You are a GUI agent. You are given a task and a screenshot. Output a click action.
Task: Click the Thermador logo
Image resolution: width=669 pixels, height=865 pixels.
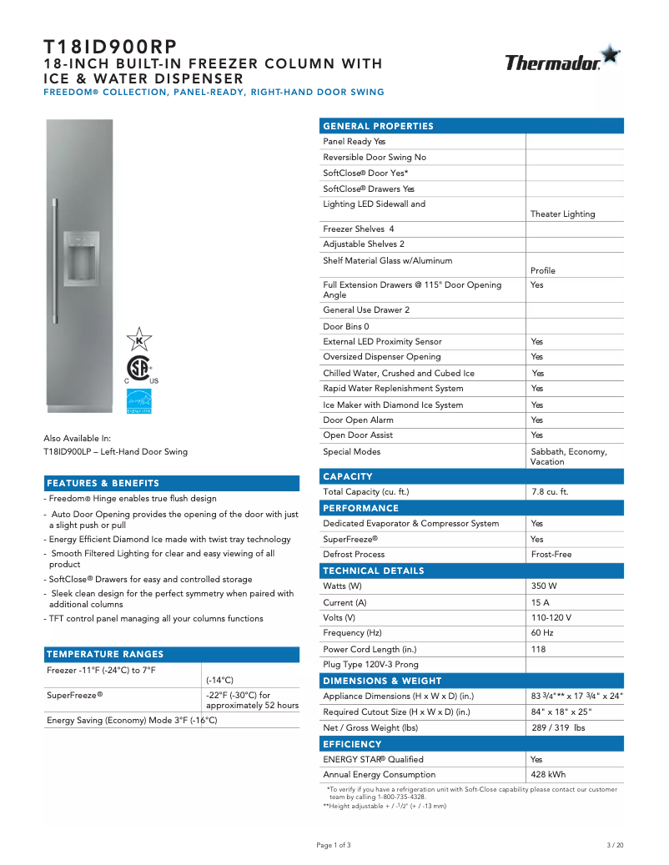[x=562, y=61]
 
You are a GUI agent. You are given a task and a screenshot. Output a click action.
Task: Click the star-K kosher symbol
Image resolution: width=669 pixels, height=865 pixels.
[x=138, y=339]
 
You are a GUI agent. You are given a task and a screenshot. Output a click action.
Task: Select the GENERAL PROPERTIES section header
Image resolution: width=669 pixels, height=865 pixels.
[x=379, y=126]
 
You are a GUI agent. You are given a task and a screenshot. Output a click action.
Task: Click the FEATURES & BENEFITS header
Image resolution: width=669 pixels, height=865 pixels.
[x=103, y=483]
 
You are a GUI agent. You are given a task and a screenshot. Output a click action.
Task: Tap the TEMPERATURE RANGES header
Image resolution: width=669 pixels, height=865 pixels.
[x=105, y=654]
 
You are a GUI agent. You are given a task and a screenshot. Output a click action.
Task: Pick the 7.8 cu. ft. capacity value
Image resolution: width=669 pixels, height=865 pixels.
[x=550, y=492]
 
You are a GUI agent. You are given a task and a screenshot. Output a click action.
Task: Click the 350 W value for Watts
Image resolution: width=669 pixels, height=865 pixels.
[x=546, y=586]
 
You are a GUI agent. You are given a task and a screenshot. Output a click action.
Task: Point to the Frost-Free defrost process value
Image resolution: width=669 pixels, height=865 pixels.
[x=551, y=555]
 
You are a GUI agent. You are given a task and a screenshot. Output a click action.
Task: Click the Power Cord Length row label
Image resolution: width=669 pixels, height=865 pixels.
[x=370, y=650]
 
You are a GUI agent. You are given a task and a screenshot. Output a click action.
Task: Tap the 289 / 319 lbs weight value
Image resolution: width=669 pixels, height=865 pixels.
[x=558, y=728]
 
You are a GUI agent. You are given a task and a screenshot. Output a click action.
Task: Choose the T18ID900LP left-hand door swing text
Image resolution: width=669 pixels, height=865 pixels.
[x=115, y=452]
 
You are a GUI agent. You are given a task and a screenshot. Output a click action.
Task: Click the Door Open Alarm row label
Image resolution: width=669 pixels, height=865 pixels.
[x=358, y=420]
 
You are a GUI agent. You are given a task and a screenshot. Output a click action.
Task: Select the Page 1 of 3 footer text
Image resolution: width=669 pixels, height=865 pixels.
[x=334, y=845]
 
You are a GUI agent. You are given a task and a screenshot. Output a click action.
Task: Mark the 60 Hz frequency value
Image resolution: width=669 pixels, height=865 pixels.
[x=542, y=633]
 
